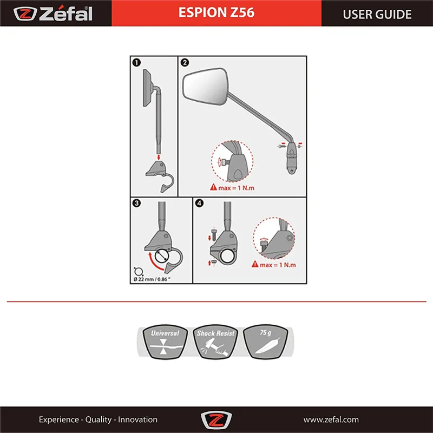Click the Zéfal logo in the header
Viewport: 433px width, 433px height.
pos(54,13)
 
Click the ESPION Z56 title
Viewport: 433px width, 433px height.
pos(216,13)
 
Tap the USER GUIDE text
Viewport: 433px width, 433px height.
pos(377,14)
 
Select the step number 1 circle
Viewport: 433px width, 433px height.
pos(136,62)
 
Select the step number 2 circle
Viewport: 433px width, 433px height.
pos(185,62)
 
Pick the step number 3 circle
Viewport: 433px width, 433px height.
pos(136,204)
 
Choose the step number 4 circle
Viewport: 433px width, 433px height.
pos(200,204)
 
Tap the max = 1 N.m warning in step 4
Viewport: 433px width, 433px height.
pos(274,265)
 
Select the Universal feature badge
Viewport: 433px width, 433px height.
pos(165,342)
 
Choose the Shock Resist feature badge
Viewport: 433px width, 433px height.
pos(215,342)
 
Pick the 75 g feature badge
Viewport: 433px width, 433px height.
pos(265,342)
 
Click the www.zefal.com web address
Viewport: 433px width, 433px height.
pos(331,419)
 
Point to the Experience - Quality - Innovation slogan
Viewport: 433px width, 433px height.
pos(98,419)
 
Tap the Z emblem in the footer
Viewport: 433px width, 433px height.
pos(216,420)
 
